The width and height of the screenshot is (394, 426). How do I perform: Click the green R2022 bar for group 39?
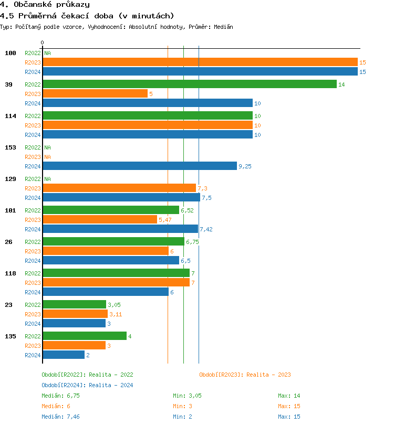point(190,84)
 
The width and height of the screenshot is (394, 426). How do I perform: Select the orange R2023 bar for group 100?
point(200,62)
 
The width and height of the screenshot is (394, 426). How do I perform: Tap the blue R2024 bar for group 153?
point(140,166)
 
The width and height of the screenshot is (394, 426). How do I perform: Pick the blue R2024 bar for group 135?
point(64,355)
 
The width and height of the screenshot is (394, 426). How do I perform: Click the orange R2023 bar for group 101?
point(100,219)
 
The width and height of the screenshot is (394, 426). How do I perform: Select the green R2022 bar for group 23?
point(75,304)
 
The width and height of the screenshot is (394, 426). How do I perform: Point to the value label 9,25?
point(245,166)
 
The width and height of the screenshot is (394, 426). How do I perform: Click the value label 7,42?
point(206,229)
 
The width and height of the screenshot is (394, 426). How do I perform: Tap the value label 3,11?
point(116,314)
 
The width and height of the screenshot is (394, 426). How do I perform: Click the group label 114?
point(11,116)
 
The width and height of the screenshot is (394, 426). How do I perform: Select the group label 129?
point(11,179)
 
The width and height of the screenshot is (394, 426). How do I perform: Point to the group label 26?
point(8,242)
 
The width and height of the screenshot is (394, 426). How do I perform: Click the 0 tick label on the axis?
point(43,42)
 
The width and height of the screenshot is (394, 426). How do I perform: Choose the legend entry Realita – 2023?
point(245,375)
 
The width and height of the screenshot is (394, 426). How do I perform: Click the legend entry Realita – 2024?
point(87,385)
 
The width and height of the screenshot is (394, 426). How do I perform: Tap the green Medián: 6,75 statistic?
point(60,396)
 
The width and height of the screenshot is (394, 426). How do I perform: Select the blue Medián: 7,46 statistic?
point(60,417)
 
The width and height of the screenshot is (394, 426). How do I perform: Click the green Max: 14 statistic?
point(289,396)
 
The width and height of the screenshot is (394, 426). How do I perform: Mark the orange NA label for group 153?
point(47,157)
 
